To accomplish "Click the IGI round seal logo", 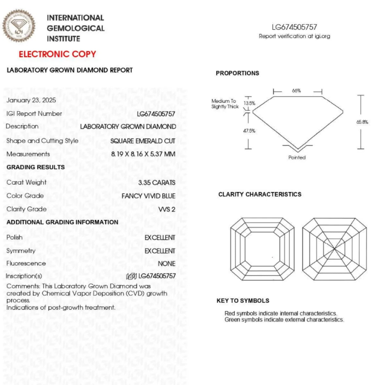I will point(19,26).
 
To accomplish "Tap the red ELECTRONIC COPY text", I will point(57,54).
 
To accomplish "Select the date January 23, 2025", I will point(31,100).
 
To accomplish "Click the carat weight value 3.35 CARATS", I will point(157,183).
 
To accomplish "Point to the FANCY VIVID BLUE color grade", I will point(149,196).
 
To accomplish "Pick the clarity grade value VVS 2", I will point(167,210).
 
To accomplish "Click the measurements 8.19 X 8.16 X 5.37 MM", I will point(143,154).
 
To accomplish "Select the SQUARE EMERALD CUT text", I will point(143,141).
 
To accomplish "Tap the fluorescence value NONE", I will point(167,264).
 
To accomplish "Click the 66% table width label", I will point(296,91).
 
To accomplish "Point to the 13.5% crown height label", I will point(249,103).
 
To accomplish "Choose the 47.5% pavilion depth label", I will point(249,131).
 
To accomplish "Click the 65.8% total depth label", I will point(362,122).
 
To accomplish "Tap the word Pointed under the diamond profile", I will point(297,158).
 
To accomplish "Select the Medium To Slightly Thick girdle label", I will point(225,104).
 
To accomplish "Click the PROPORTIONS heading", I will point(237,73).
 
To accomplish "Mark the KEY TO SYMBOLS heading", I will point(243,301).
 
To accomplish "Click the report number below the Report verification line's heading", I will point(294,27).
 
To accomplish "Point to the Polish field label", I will point(14,237).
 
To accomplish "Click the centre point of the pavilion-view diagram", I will point(334,249).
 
